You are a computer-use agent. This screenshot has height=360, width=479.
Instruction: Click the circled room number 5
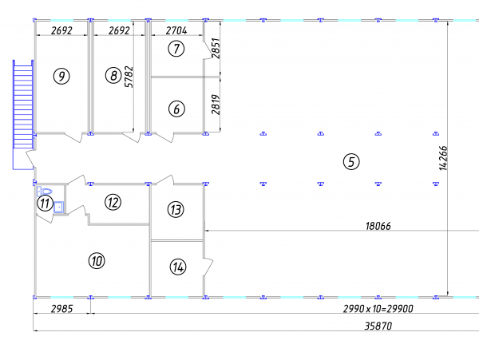coord(351,161)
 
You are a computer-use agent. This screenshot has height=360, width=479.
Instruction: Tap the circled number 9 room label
coord(61,76)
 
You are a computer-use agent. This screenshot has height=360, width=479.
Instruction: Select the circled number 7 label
coord(176,49)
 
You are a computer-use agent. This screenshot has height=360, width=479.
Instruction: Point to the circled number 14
coord(178,267)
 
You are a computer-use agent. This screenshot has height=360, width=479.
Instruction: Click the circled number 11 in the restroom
coord(45,203)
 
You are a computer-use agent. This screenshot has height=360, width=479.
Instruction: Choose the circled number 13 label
coord(176,209)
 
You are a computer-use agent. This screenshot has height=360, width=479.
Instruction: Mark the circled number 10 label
coord(97,261)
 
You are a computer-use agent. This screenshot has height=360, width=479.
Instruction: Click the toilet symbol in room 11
coord(45,192)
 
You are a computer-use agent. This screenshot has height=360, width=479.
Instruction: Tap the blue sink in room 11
coord(58,207)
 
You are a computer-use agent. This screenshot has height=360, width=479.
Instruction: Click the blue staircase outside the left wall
coord(23,114)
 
